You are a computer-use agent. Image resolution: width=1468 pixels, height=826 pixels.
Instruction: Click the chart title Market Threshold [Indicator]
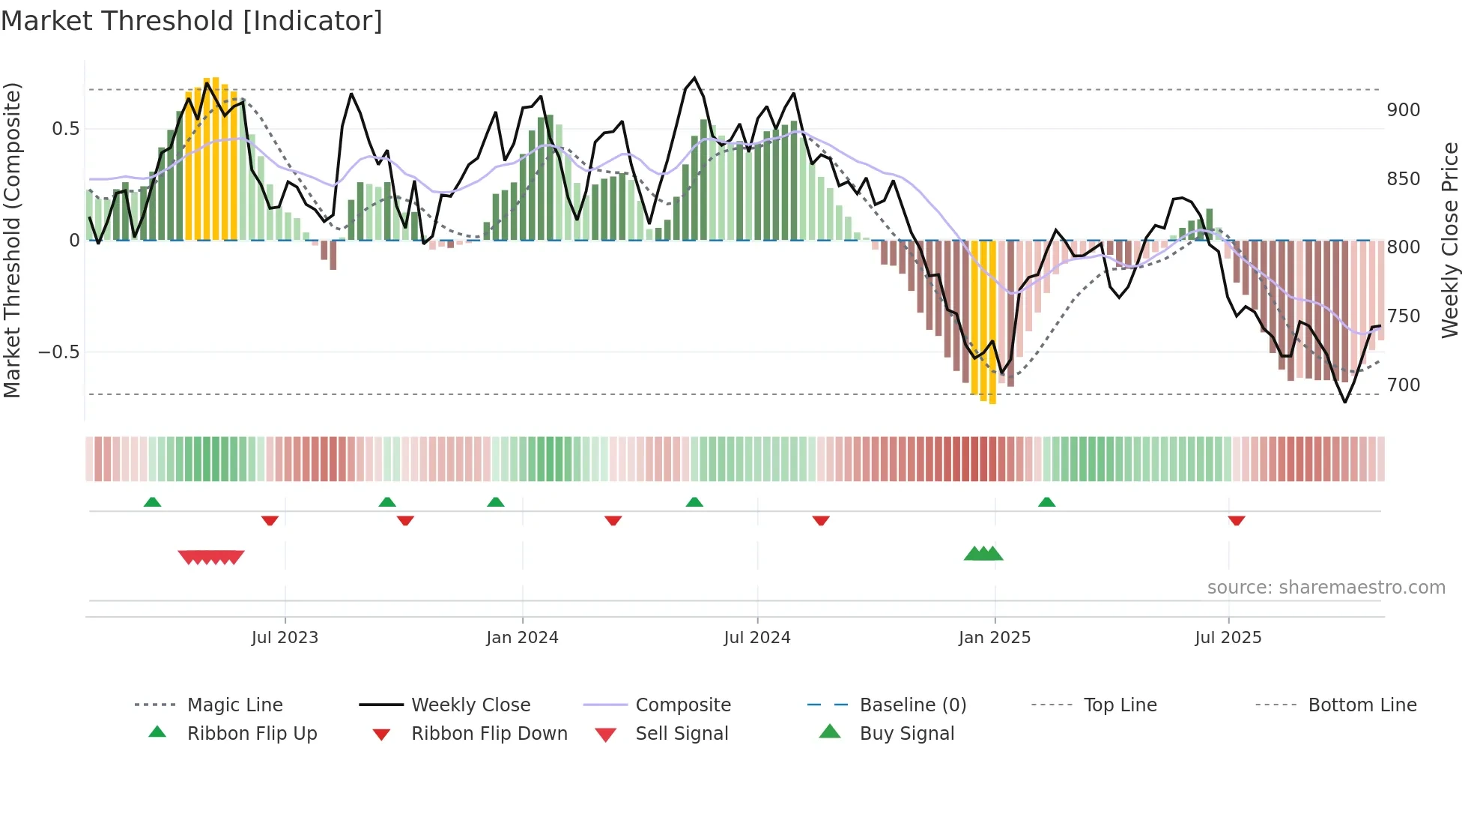192,21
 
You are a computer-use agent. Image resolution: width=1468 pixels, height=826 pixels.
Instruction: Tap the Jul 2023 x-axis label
285,638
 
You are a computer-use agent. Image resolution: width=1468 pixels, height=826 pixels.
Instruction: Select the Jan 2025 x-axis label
994,638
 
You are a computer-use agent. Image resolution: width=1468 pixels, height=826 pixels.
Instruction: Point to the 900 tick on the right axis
1403,110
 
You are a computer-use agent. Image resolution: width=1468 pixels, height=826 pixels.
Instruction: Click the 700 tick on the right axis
1403,385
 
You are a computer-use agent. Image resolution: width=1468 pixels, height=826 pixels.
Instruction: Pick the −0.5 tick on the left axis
58,352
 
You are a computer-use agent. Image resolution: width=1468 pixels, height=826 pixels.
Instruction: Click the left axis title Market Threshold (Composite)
12,240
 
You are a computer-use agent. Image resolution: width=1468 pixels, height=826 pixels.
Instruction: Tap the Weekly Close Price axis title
1450,240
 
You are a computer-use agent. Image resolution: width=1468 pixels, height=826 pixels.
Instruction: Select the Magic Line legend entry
234,705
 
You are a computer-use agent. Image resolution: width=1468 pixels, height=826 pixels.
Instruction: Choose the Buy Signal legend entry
906,734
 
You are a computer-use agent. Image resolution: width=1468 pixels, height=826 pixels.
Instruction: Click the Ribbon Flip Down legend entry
488,734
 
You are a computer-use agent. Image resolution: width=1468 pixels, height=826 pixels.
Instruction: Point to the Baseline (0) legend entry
912,705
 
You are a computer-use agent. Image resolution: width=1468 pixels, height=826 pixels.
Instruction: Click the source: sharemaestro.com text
1326,588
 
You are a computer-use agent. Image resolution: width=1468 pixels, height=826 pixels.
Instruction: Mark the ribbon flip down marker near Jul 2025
1237,520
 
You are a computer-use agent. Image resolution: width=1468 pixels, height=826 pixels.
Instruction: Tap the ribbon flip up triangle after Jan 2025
1046,502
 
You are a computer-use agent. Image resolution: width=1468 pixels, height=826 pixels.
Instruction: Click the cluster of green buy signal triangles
983,554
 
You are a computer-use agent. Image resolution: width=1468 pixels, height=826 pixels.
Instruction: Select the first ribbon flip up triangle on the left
152,502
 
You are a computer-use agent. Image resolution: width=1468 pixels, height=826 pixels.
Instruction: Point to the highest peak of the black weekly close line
694,78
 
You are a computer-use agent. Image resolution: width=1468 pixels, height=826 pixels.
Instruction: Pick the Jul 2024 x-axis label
756,638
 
